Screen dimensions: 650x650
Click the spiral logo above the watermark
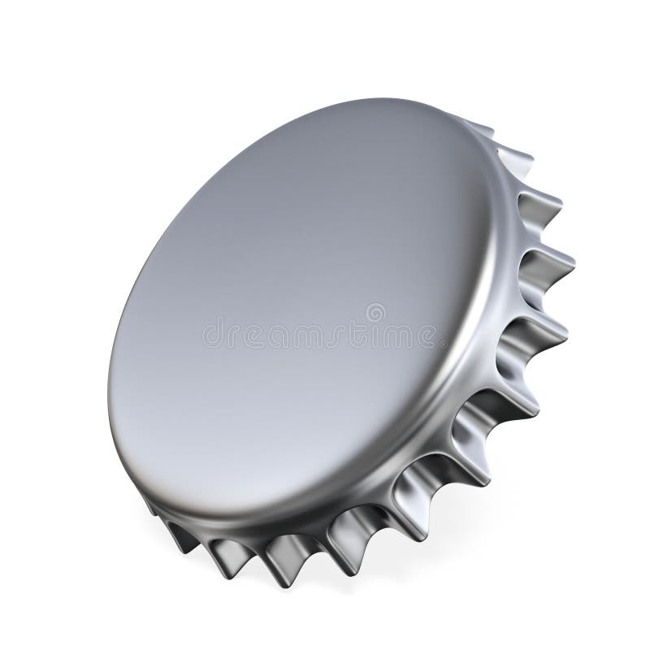tap(375, 312)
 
